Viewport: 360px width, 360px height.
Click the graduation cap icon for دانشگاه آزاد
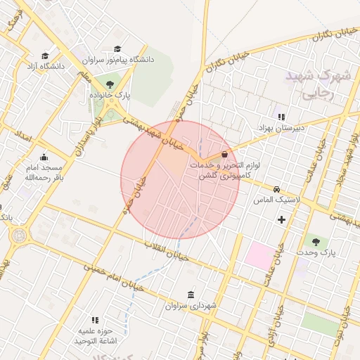pos(45,56)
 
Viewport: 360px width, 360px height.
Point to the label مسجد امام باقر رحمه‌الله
pos(44,173)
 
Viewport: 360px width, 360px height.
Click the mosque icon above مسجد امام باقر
pos(44,157)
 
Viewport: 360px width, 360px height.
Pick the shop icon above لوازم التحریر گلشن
pos(224,154)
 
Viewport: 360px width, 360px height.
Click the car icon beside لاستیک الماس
pos(277,189)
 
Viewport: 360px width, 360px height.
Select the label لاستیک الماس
pos(278,200)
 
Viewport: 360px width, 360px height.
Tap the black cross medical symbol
pos(282,220)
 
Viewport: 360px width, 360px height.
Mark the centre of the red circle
pos(180,180)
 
